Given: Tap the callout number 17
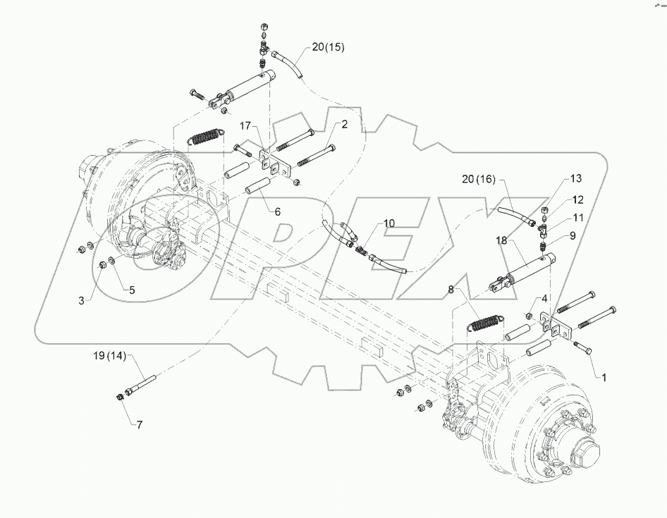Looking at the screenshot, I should tap(245, 127).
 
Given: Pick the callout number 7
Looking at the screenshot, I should tap(140, 425).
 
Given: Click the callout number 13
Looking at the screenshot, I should tap(576, 178).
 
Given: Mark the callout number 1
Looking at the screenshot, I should tap(604, 376).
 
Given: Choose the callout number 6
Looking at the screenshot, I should tap(277, 211).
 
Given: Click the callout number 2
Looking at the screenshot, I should tap(345, 125).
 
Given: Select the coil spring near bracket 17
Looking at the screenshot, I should tap(205, 135).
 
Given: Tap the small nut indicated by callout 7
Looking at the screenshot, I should tap(119, 400).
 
